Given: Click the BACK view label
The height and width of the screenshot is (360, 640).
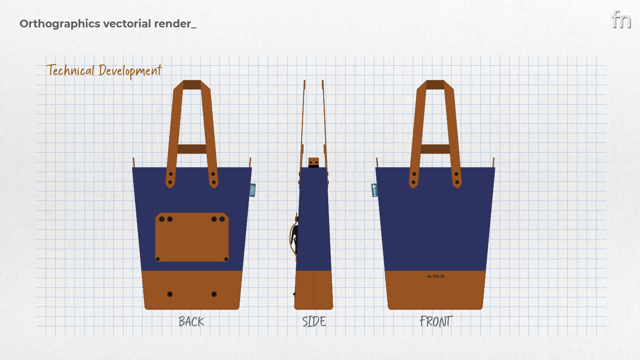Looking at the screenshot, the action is [191, 322].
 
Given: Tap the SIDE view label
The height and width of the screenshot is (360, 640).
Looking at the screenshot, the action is [314, 322].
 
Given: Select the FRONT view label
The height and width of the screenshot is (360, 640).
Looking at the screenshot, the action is [436, 322].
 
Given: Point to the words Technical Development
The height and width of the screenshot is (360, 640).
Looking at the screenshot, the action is [104, 71].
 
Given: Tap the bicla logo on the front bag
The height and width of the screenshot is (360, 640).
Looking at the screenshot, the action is [435, 276].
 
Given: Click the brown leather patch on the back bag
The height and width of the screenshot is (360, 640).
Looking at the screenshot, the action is [192, 237].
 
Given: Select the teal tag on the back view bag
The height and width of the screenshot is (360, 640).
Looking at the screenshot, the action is [253, 190].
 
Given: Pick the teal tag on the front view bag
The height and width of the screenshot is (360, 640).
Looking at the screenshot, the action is [374, 190].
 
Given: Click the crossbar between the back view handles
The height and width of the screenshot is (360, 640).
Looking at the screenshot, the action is [192, 149].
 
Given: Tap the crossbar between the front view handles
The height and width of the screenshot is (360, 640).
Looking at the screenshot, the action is [435, 149].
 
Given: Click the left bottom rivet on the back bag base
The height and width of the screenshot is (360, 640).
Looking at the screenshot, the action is [170, 294].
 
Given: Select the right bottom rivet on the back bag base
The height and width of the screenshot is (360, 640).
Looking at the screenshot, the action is [214, 294].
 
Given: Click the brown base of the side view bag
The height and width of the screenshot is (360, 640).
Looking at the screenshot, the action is [314, 290].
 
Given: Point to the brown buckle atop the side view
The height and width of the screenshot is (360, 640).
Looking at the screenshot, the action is [314, 162].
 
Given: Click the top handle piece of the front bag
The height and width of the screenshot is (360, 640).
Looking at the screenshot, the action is [435, 85].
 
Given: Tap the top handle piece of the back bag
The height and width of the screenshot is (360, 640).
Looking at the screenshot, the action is [192, 85].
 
